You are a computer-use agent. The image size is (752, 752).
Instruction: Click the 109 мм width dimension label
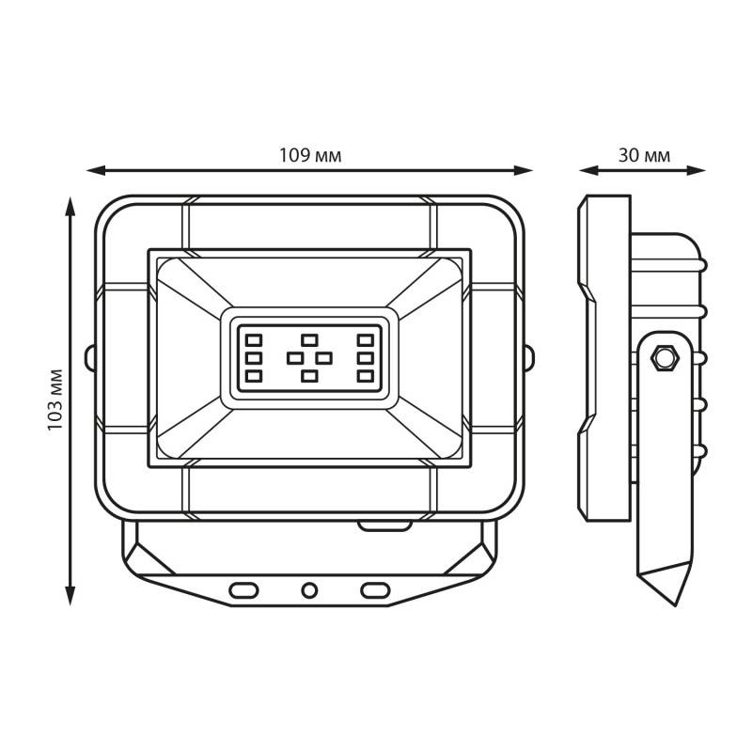click(x=310, y=155)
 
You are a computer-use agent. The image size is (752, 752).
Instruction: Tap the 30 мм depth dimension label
click(x=644, y=155)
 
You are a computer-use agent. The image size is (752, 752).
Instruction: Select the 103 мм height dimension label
click(x=55, y=400)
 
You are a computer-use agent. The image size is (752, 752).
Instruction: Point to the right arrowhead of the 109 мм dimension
click(x=524, y=170)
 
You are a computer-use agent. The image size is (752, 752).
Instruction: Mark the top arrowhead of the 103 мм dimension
click(x=70, y=206)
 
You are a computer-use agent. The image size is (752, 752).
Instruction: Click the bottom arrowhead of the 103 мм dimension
click(x=70, y=596)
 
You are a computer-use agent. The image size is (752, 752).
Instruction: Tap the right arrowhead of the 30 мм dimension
click(x=697, y=170)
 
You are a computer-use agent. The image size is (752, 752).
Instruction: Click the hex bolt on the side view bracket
click(x=665, y=357)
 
